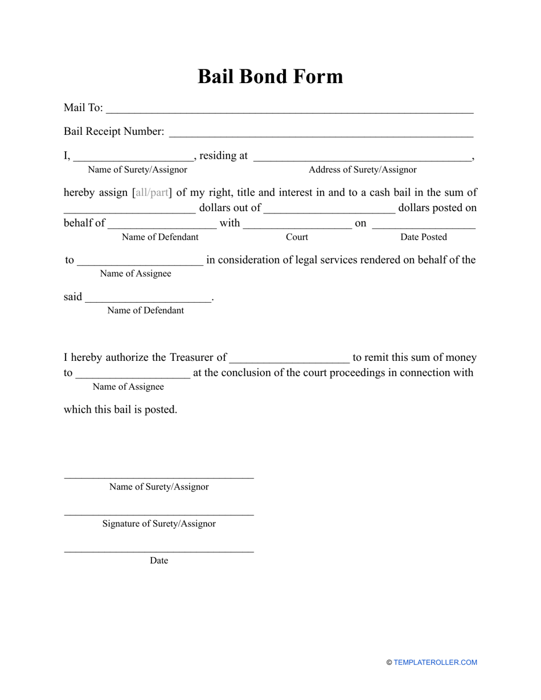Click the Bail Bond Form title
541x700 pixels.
tap(270, 76)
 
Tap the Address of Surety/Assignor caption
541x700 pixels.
tap(362, 170)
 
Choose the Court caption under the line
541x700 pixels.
tap(297, 237)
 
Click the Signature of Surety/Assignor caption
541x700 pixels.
tap(159, 524)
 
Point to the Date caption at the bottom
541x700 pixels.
tap(159, 561)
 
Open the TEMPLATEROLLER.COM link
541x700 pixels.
tap(435, 662)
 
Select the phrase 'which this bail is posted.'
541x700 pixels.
tap(120, 409)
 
